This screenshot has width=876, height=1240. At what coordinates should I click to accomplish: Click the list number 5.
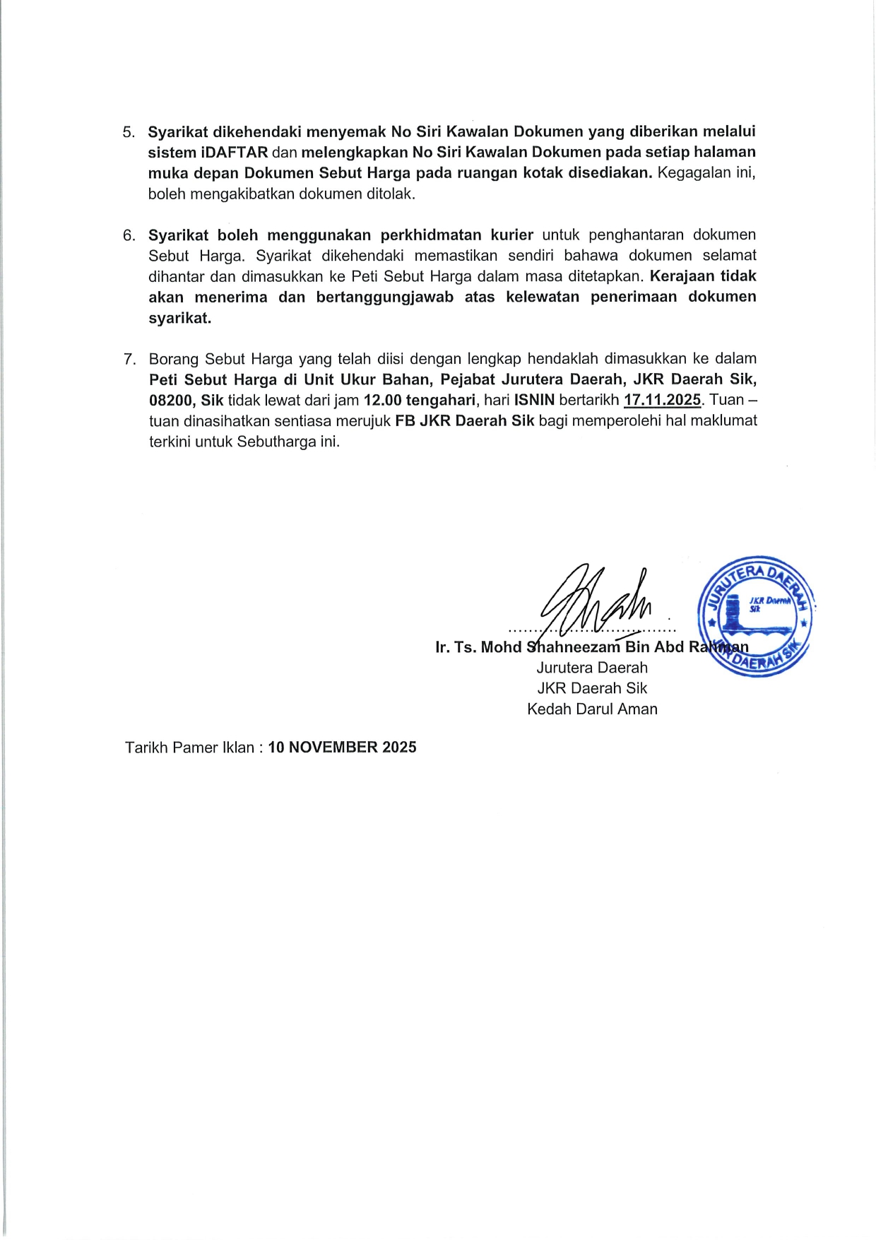(x=129, y=132)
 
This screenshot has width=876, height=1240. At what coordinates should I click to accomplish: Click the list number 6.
(x=129, y=235)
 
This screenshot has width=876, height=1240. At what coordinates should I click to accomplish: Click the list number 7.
(x=129, y=360)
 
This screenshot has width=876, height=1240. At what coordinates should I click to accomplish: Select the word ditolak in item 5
(x=391, y=194)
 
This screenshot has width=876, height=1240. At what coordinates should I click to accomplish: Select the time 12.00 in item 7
(x=382, y=401)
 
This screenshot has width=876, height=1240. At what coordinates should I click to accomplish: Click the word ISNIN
(x=534, y=401)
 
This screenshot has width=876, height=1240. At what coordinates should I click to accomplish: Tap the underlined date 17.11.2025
(x=662, y=401)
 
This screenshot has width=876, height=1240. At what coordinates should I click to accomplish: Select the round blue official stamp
(x=754, y=615)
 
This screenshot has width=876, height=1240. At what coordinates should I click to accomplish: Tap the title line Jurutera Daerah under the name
(x=592, y=668)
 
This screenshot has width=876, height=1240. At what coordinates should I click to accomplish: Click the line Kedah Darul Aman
(x=592, y=709)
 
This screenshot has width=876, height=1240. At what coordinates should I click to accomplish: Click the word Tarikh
(x=146, y=748)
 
